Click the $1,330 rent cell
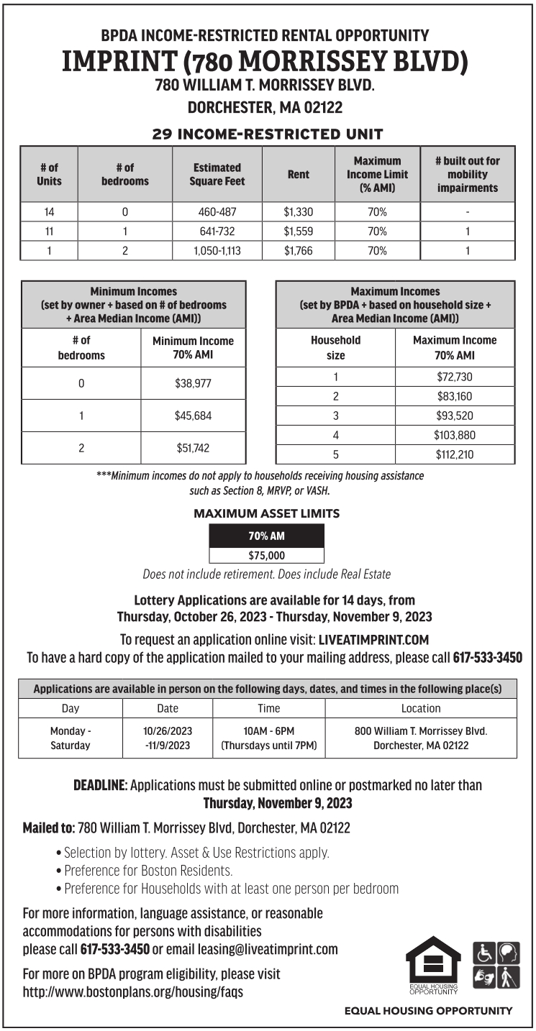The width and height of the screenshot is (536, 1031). (x=299, y=212)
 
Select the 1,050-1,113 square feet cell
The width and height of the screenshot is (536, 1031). (x=217, y=251)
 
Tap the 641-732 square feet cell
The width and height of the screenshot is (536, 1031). (x=217, y=232)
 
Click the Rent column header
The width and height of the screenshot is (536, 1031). (x=299, y=174)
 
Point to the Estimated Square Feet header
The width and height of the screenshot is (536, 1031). (x=217, y=174)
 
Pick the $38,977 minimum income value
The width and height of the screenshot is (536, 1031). (x=193, y=383)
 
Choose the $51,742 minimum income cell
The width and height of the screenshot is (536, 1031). (x=193, y=448)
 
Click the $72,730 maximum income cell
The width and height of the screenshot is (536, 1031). (x=455, y=377)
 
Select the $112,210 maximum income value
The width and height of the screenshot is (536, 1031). (x=455, y=454)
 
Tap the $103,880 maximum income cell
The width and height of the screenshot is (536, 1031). (x=455, y=435)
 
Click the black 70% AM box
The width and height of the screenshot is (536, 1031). (x=266, y=536)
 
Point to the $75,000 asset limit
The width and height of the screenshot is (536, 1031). (x=266, y=555)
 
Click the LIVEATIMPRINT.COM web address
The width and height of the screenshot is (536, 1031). (x=373, y=638)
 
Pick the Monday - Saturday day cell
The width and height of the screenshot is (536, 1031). (x=71, y=738)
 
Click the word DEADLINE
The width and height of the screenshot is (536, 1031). (x=100, y=785)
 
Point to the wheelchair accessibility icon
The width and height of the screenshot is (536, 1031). (x=482, y=953)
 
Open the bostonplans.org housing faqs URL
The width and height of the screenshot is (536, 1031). (x=133, y=992)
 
